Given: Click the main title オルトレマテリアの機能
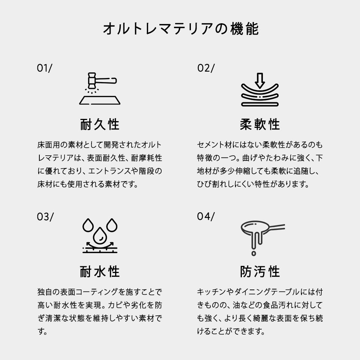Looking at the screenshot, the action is click(x=181, y=29).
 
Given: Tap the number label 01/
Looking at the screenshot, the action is click(x=45, y=68).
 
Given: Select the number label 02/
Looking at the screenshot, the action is click(x=206, y=68).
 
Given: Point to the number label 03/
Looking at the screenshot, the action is click(x=45, y=217).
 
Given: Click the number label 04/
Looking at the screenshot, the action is click(x=206, y=216).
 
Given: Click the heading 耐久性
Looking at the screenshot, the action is click(x=100, y=124).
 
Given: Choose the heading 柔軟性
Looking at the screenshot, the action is click(x=260, y=124).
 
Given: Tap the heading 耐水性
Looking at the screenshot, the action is click(x=100, y=271).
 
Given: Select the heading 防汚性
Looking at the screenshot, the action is click(x=260, y=271).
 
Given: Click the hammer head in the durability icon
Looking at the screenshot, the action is click(x=92, y=80).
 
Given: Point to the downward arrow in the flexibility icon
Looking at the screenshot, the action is click(x=259, y=81).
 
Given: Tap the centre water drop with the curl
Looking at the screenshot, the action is click(x=100, y=236).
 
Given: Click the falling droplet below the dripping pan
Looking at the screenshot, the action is click(x=253, y=253).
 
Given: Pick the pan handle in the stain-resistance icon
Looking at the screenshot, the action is click(x=276, y=227).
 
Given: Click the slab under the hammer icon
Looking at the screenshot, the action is click(x=100, y=100).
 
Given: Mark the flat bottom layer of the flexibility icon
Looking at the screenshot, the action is click(x=259, y=105).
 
